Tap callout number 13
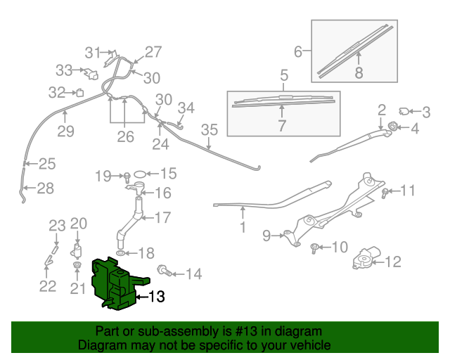(157, 297)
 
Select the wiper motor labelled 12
(366, 261)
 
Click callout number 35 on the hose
(210, 130)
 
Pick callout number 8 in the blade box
(359, 72)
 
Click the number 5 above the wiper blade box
(284, 76)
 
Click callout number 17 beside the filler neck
(162, 218)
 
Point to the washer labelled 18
(122, 252)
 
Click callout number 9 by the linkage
(267, 235)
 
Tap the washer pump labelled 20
(77, 252)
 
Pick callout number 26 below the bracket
(125, 136)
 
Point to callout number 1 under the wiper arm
(243, 228)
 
